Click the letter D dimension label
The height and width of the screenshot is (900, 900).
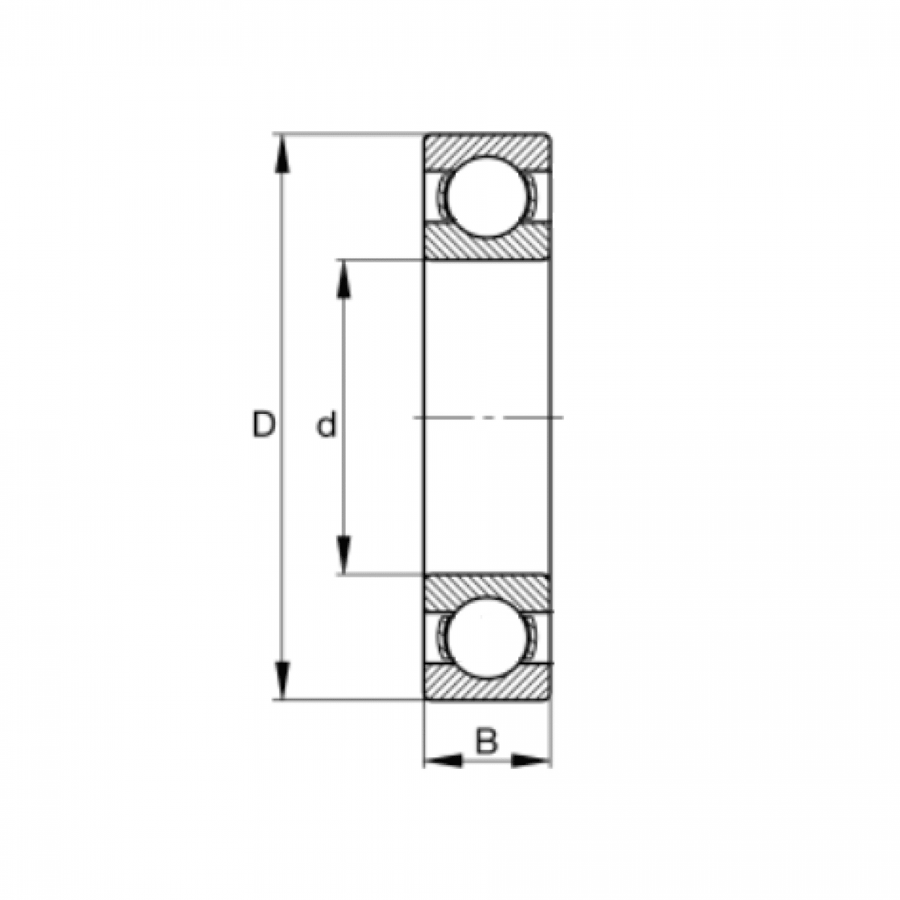[262, 425]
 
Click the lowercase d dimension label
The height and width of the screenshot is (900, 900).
[325, 426]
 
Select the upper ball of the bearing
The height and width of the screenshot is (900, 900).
[488, 196]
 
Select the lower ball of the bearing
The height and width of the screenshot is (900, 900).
[488, 637]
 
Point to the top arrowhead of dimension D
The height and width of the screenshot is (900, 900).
[282, 154]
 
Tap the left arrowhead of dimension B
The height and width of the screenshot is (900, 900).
[443, 761]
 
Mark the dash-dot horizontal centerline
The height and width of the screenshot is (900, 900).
[487, 417]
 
